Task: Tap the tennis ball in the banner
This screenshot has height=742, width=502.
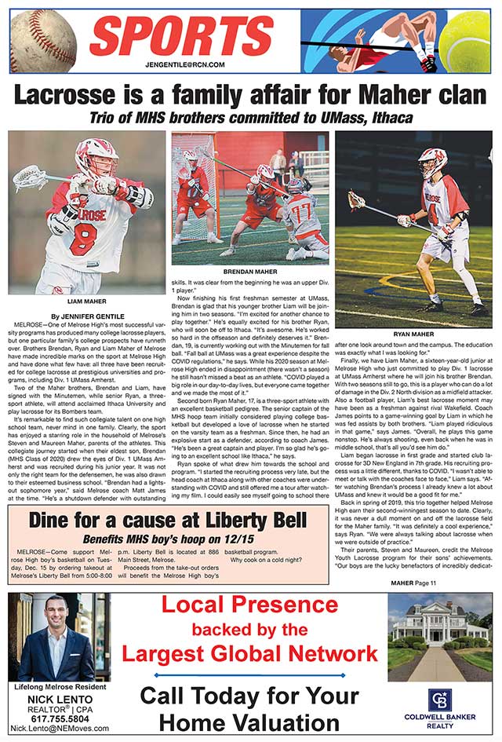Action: (x=470, y=41)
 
